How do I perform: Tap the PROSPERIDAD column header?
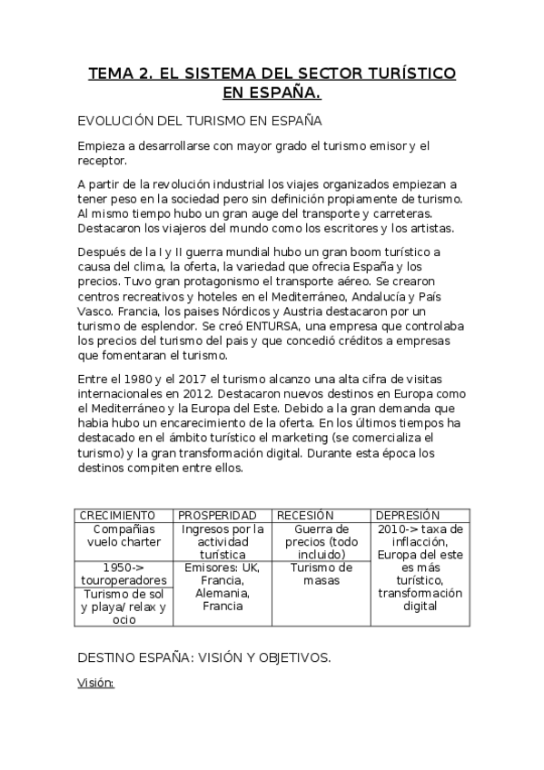pos(217,515)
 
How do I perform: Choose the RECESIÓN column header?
pos(305,515)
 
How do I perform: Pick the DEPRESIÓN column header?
pos(408,515)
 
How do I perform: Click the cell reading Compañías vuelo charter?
pos(124,536)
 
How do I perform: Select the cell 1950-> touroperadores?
pos(124,574)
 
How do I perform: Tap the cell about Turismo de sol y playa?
pos(124,607)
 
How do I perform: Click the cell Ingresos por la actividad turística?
pos(223,541)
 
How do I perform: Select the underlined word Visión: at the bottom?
pos(95,684)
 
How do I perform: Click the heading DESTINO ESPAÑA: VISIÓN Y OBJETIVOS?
pos(204,656)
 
